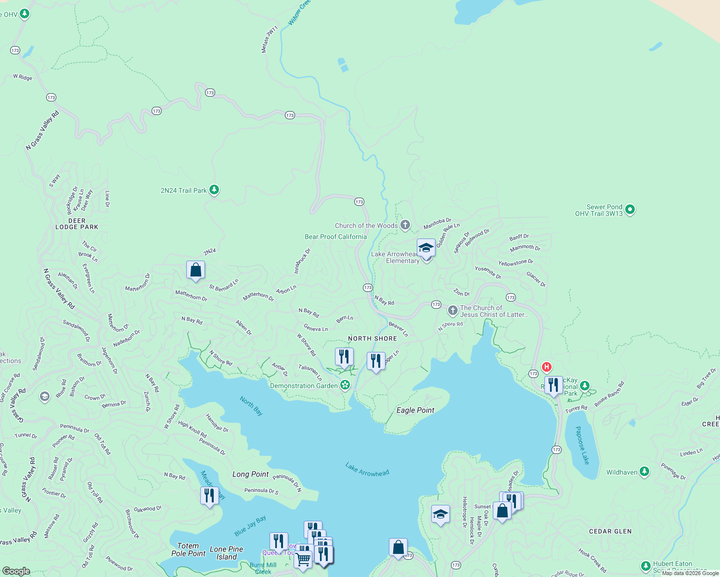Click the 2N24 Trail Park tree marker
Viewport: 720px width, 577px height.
click(214, 190)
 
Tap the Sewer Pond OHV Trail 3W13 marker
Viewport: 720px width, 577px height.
click(630, 210)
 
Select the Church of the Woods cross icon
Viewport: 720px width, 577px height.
click(405, 225)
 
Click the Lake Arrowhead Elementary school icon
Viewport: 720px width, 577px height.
click(426, 248)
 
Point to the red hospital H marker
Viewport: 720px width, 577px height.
click(546, 367)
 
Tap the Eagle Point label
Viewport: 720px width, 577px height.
click(415, 410)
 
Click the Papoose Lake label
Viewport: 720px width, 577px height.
click(582, 445)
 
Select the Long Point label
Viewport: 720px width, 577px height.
click(250, 474)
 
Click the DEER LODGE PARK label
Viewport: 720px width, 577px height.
click(77, 224)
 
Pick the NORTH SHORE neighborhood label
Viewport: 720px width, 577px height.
click(373, 339)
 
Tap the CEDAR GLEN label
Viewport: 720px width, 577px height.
click(610, 531)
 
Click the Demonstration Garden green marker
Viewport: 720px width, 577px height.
click(345, 385)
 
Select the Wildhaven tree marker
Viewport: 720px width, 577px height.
click(644, 472)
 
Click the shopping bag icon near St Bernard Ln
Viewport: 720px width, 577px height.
click(195, 270)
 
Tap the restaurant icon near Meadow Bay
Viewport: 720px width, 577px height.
click(209, 495)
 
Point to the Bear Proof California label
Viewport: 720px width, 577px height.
click(335, 237)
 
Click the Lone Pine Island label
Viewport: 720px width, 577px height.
click(226, 553)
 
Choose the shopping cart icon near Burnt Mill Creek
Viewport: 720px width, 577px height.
click(303, 559)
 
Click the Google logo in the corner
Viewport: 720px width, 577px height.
click(16, 571)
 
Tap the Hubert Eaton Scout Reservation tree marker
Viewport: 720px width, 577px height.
click(646, 565)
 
